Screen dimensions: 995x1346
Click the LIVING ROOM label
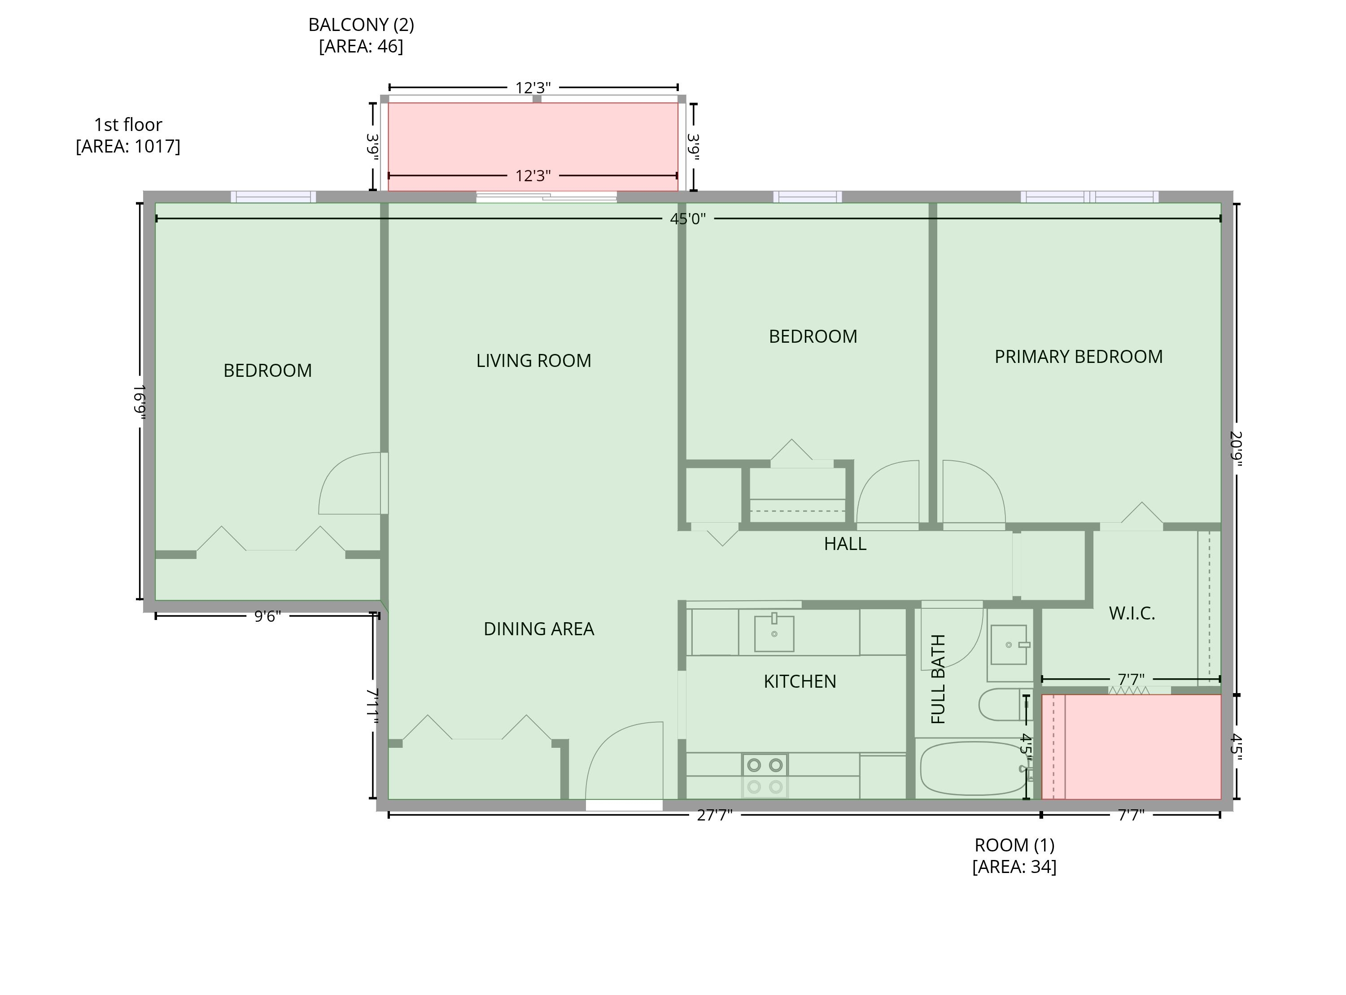coord(533,361)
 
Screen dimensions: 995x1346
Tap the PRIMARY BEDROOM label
coord(1078,357)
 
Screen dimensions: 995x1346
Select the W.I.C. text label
coord(1132,614)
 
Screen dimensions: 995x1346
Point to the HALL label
coord(845,544)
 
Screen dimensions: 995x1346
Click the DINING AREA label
coord(538,629)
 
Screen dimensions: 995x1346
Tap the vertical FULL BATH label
coord(938,679)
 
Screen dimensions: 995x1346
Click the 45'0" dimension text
coord(687,218)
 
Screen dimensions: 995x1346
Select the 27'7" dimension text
coord(714,815)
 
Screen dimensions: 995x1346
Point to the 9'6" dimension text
coord(267,616)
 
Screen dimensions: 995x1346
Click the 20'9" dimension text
coord(1236,449)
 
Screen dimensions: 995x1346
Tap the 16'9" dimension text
coord(139,401)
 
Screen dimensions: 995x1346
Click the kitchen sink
coord(774,633)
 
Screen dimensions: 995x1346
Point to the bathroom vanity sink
coord(1009,645)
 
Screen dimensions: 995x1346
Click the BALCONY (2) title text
coord(361,25)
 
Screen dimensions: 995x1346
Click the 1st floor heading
coord(128,125)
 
